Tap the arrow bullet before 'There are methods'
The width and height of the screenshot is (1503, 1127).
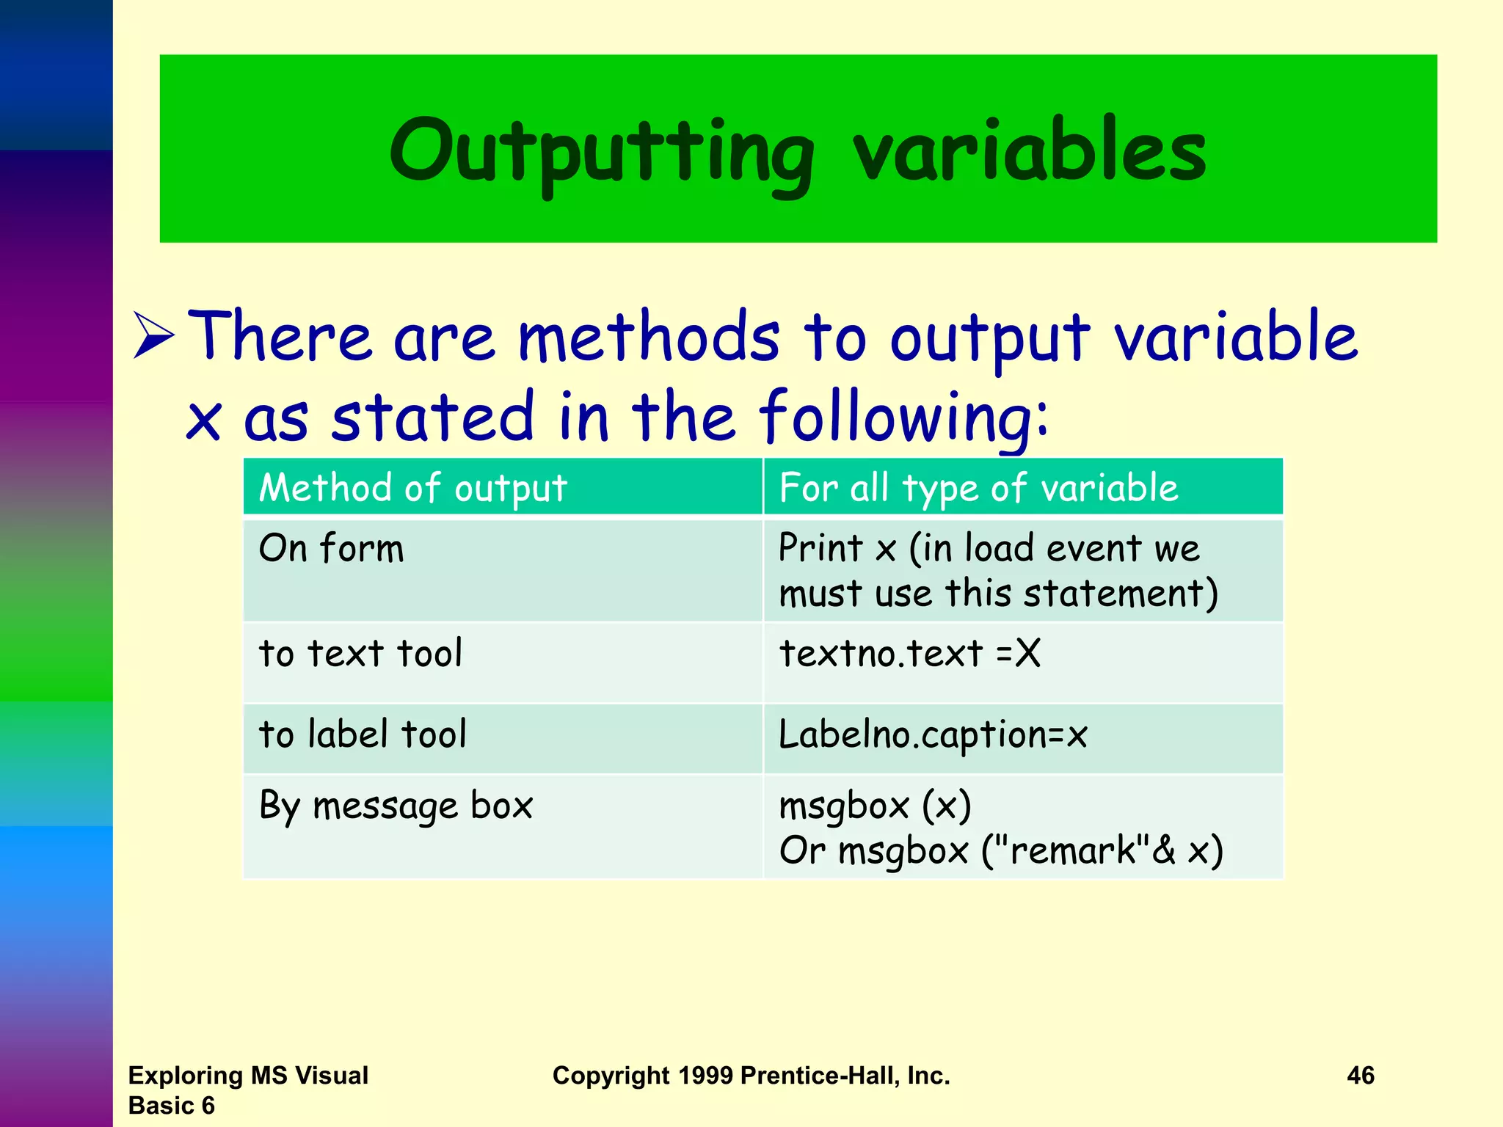(x=154, y=337)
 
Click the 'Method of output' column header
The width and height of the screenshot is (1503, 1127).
(x=413, y=488)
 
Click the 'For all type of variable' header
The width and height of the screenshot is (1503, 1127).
(x=978, y=488)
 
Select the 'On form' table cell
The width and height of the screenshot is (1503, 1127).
(x=332, y=549)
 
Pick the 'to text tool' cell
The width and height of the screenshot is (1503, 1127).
(x=360, y=653)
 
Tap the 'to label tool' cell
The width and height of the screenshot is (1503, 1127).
(x=363, y=734)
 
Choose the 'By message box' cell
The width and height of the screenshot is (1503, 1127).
(x=396, y=806)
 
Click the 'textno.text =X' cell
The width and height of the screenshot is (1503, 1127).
(x=909, y=653)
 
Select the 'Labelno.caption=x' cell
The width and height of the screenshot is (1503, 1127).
(x=933, y=734)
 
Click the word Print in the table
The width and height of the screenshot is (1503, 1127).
(x=820, y=548)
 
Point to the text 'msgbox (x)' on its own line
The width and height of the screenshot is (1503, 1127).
(x=875, y=806)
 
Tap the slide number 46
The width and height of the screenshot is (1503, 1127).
(x=1360, y=1076)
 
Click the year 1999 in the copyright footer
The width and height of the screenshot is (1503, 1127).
(x=705, y=1076)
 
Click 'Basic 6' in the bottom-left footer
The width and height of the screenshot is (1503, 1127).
(x=171, y=1105)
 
